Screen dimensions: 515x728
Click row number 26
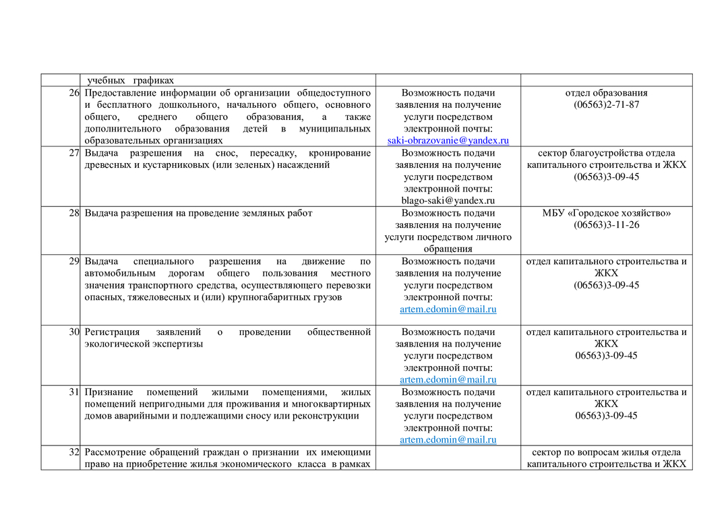tap(73, 92)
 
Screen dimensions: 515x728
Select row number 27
tap(73, 153)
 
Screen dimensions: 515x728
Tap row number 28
tap(73, 213)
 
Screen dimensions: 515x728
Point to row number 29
tap(73, 261)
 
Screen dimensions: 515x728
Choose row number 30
tap(73, 332)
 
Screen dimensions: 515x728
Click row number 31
tap(73, 392)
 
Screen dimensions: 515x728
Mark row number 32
tap(73, 452)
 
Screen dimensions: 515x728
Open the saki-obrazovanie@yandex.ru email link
tap(448, 141)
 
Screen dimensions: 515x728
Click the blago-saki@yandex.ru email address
tap(448, 200)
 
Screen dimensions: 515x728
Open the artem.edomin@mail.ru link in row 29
tap(448, 309)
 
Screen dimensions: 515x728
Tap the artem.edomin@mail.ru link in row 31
tap(448, 440)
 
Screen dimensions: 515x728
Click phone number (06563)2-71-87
tap(606, 105)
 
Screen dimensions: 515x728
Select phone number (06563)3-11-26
tap(606, 225)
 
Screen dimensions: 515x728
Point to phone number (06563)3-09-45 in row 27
tap(606, 177)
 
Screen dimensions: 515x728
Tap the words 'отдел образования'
tap(606, 93)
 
